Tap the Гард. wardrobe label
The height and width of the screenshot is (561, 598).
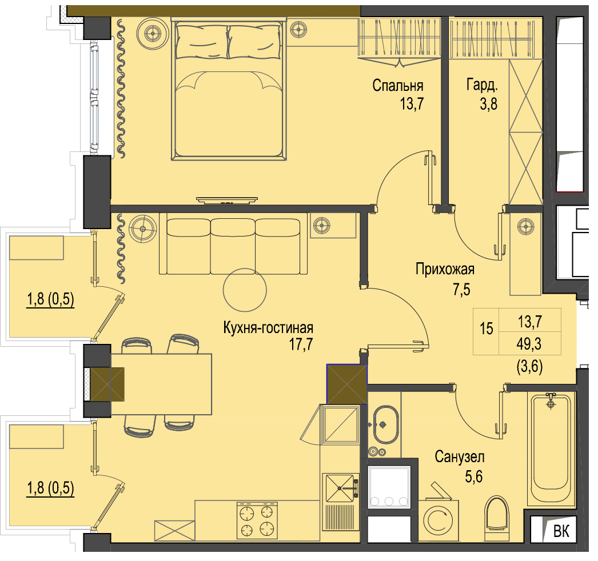(482, 85)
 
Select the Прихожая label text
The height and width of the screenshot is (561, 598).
(445, 270)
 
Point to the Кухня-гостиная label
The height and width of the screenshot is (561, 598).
(268, 328)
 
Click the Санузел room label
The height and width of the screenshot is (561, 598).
(460, 456)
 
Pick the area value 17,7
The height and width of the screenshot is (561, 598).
(301, 344)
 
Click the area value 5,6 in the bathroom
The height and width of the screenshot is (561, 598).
(474, 476)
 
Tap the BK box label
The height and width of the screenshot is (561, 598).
(561, 531)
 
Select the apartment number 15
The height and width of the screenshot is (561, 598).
(487, 328)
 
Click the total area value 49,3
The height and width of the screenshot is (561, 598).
(529, 344)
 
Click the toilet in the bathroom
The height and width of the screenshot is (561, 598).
(497, 518)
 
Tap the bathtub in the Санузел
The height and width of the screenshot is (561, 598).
(551, 449)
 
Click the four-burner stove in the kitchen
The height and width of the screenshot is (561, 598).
(257, 520)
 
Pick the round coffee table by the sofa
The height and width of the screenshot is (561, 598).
(245, 290)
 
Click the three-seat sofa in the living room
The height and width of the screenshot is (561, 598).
(233, 244)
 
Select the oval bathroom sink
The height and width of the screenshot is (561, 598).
(385, 424)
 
